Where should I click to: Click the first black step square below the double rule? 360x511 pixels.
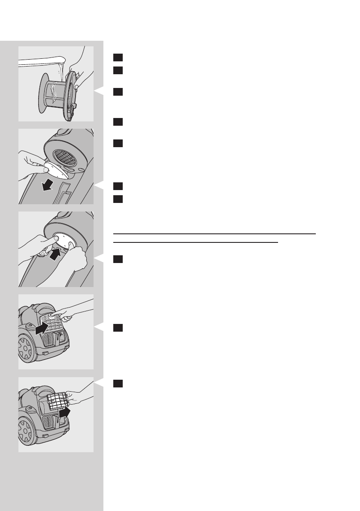(118, 259)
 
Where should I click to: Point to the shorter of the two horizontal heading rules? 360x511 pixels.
(196, 242)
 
